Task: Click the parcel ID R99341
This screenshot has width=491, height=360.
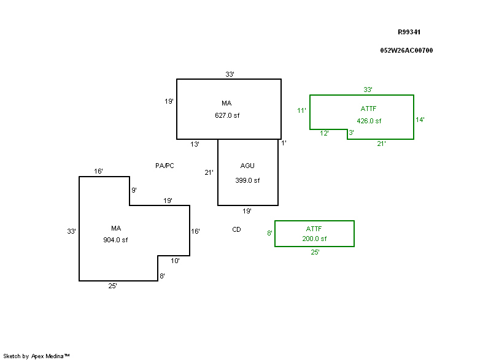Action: [x=409, y=32]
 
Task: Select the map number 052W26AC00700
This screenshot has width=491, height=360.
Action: [x=406, y=50]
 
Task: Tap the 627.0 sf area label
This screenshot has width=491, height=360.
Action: [x=226, y=115]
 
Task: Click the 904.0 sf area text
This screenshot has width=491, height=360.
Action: [x=115, y=240]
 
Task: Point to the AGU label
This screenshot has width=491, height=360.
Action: [x=247, y=166]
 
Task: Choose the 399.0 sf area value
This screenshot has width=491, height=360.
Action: [x=247, y=180]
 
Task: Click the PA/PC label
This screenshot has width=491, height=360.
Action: [x=164, y=166]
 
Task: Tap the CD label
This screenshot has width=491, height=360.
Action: [x=236, y=229]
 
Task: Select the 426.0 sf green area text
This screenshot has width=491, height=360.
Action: [x=369, y=121]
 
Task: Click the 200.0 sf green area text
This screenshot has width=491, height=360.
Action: [x=314, y=239]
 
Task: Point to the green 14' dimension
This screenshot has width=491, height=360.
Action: [x=420, y=120]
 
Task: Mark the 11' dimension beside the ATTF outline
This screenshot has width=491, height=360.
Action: [x=301, y=110]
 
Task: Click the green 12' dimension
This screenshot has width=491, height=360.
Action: [x=325, y=133]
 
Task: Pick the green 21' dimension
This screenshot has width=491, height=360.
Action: [x=381, y=144]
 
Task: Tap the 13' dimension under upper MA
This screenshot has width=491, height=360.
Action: [x=195, y=144]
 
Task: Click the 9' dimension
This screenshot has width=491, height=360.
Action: [x=134, y=190]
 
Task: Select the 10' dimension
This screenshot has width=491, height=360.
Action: [x=175, y=261]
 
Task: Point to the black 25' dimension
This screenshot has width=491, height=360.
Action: [x=112, y=286]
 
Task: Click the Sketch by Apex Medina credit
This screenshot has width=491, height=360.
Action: [x=36, y=356]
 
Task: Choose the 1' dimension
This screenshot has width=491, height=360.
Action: [x=284, y=143]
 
